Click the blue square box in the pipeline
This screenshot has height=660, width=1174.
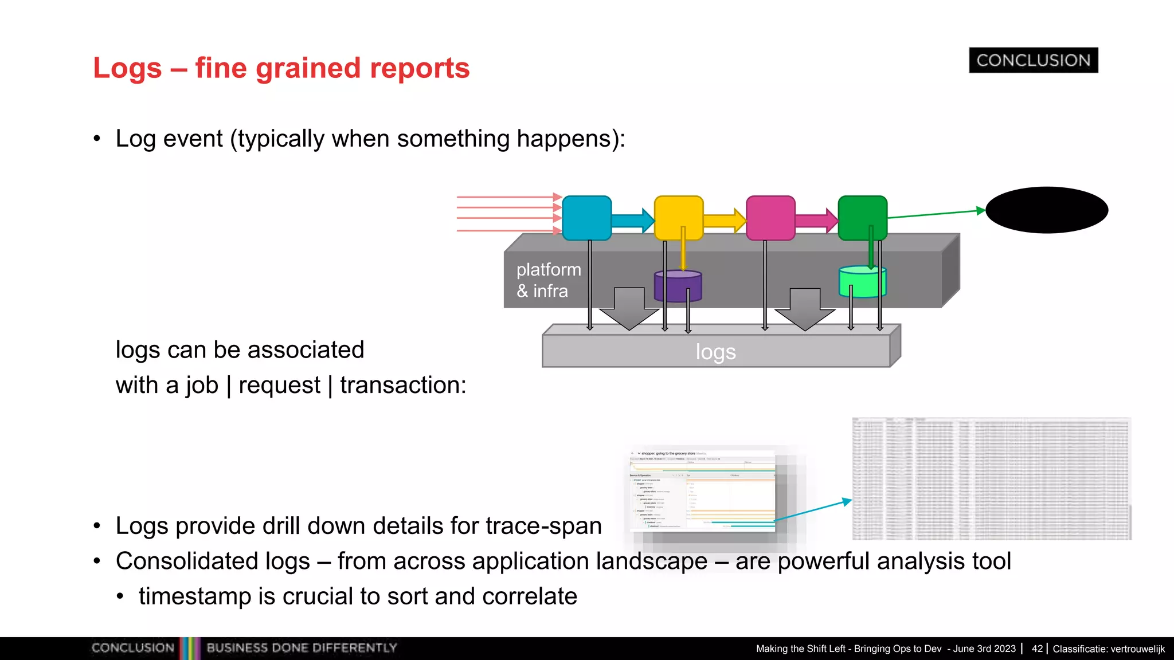(x=586, y=218)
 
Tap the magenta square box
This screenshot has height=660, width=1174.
(x=770, y=218)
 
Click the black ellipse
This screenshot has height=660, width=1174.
(x=1047, y=210)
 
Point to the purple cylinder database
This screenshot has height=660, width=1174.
(x=678, y=287)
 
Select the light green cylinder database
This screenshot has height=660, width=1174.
(x=862, y=282)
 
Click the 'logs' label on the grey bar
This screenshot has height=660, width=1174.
(x=715, y=352)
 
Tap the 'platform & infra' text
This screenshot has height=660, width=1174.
(x=547, y=280)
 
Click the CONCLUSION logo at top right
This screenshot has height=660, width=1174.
(x=1033, y=60)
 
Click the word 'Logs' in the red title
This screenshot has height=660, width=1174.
(x=127, y=68)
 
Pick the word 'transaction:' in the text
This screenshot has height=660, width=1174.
(x=403, y=385)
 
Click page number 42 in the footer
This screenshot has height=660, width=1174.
(x=1036, y=649)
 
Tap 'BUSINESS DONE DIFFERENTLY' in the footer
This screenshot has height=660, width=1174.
(x=302, y=648)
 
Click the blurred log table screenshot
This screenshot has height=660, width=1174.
(x=991, y=478)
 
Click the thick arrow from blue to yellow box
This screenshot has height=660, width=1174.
(x=632, y=221)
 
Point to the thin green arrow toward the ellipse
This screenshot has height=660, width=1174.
(x=936, y=214)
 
